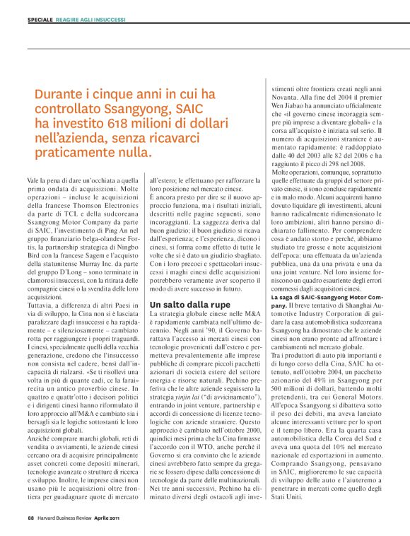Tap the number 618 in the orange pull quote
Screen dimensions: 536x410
pyautogui.click(x=104, y=122)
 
